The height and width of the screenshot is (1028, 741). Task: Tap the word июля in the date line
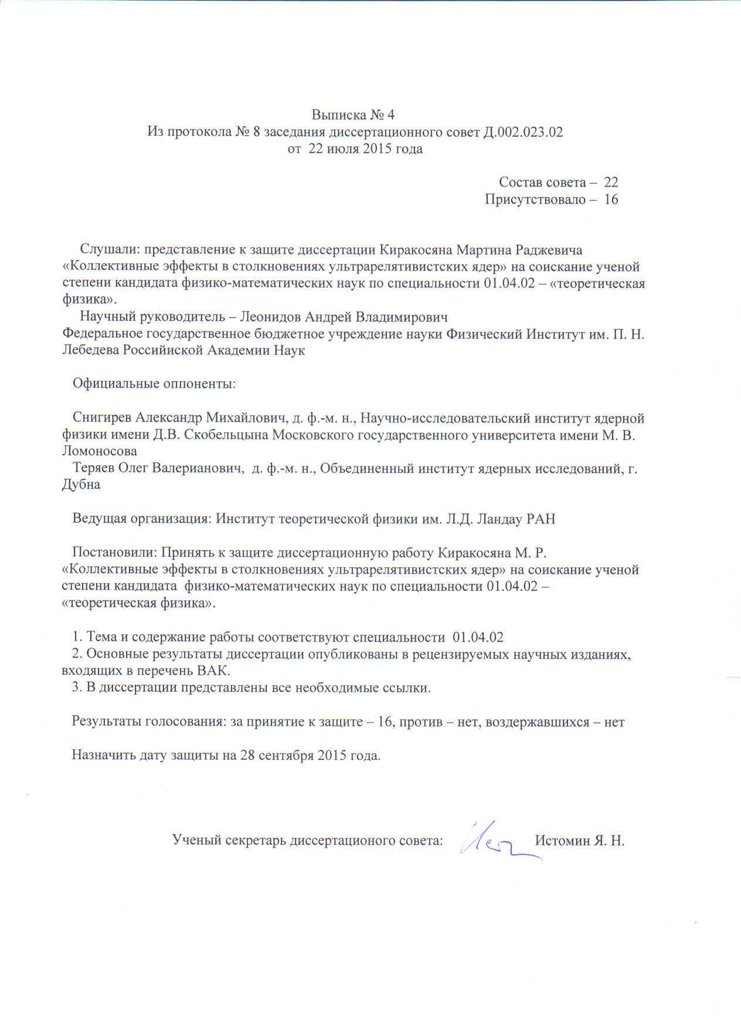(341, 149)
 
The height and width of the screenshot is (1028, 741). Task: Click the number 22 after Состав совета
(610, 182)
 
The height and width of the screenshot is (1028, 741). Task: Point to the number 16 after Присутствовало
(610, 199)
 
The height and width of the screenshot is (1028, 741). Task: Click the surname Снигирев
(103, 418)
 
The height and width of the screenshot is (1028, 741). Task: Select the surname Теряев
(93, 469)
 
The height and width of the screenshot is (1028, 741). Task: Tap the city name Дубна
(80, 485)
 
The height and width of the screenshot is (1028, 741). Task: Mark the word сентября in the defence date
(284, 755)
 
